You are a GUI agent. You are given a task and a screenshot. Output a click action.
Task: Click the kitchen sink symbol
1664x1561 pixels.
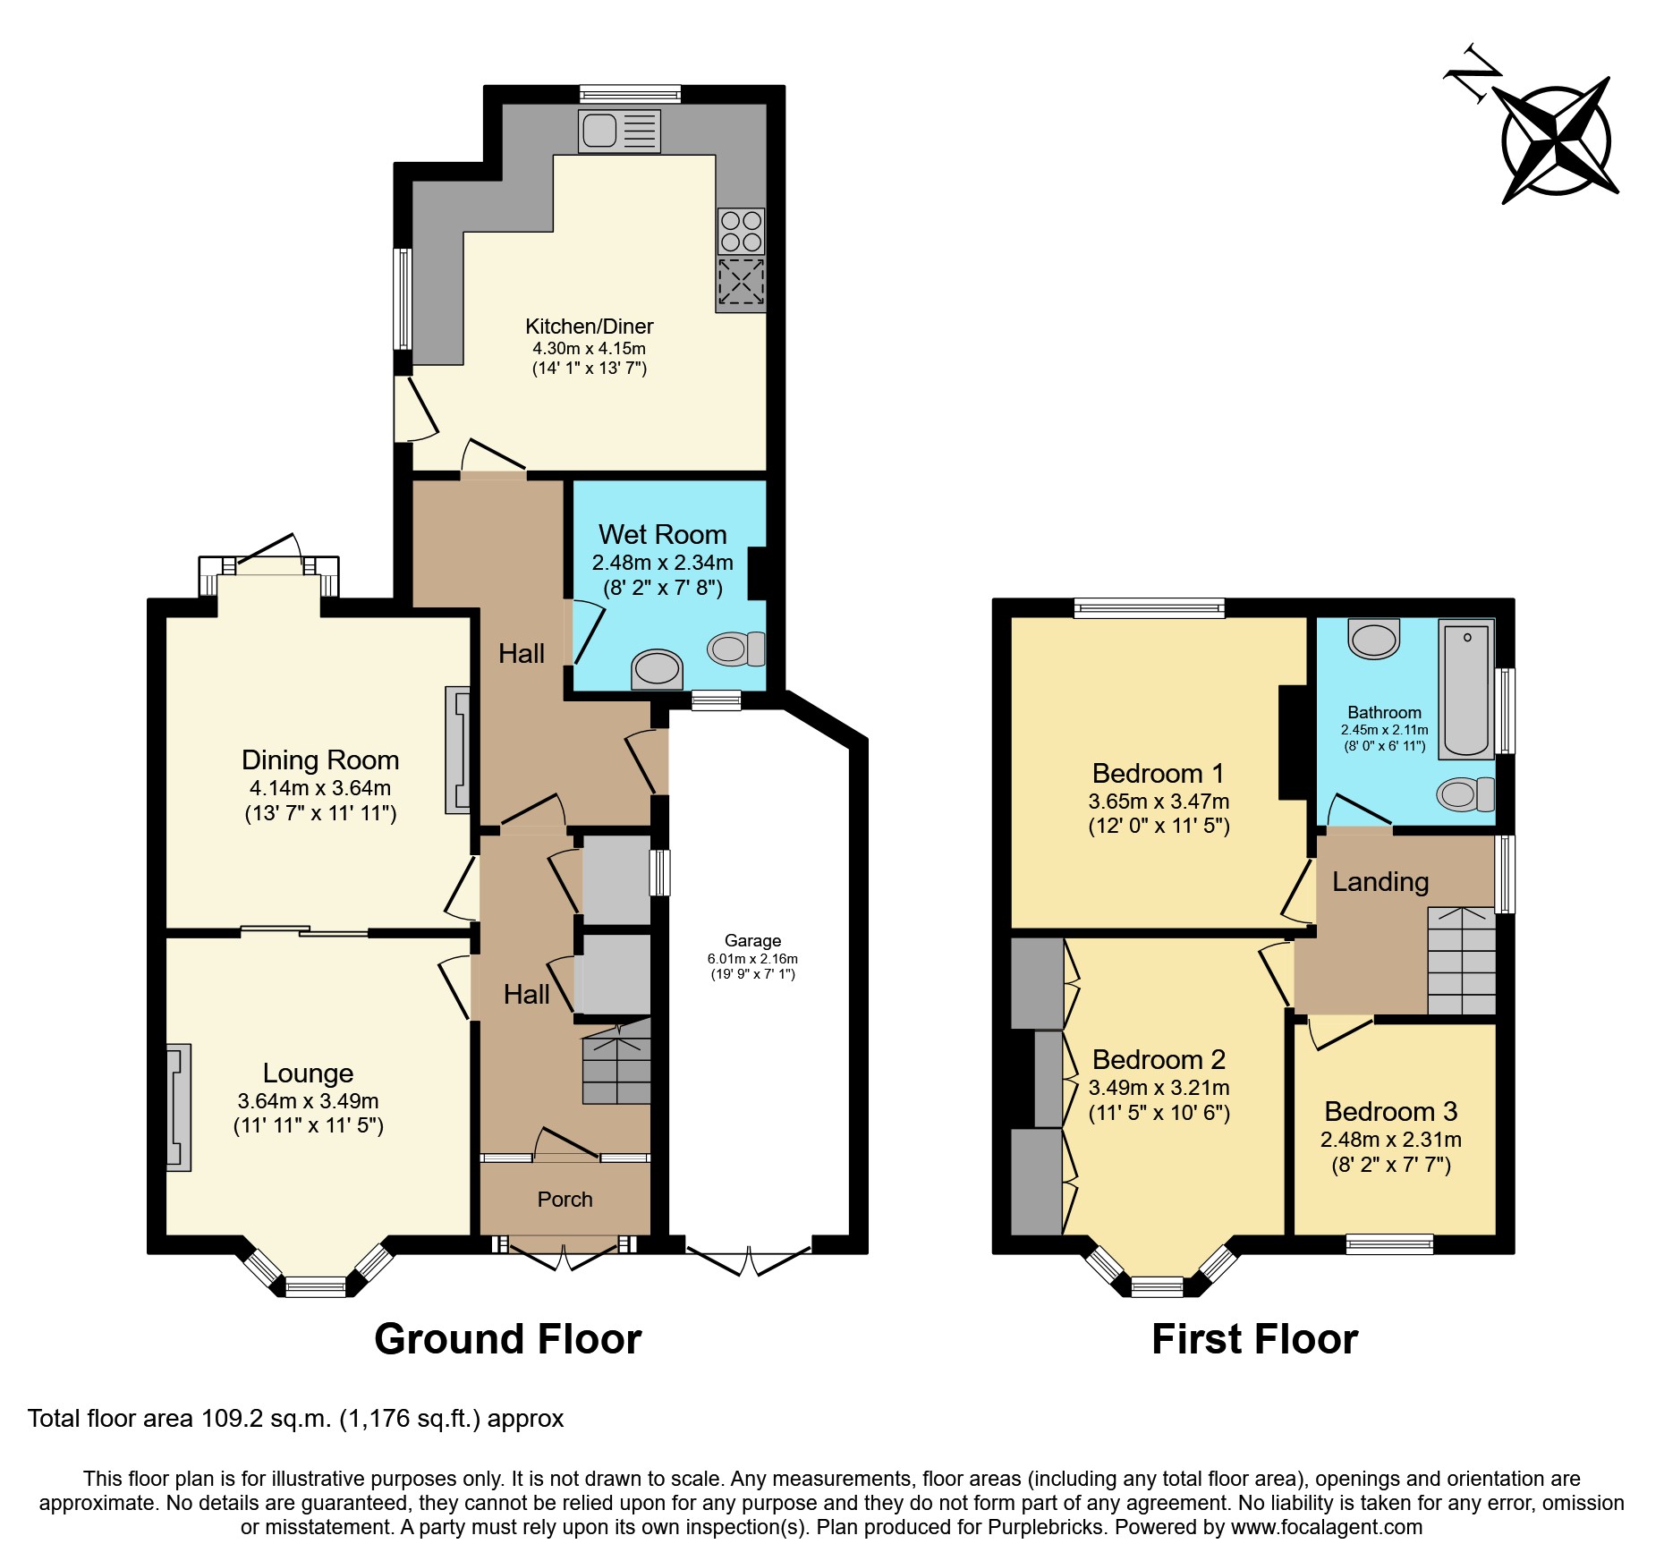(x=619, y=131)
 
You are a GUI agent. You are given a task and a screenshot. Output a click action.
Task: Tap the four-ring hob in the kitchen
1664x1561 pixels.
(x=741, y=231)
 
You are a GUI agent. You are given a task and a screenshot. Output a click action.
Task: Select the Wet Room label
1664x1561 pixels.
(x=662, y=534)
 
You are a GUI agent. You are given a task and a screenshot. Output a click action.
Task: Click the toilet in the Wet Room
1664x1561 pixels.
(x=736, y=649)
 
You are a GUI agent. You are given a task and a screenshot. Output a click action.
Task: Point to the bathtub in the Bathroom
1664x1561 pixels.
(x=1466, y=690)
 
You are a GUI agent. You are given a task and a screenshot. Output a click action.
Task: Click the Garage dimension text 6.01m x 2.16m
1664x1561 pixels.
(x=752, y=959)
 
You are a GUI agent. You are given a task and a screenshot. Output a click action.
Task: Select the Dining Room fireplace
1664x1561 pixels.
(x=458, y=750)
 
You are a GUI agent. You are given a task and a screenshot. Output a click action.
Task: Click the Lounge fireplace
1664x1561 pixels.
(x=178, y=1107)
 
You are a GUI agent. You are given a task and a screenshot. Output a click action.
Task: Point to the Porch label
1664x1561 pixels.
(x=565, y=1200)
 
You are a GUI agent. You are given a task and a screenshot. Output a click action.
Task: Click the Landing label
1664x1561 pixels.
(x=1380, y=882)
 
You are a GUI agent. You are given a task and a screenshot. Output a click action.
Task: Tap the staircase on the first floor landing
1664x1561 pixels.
(x=1461, y=961)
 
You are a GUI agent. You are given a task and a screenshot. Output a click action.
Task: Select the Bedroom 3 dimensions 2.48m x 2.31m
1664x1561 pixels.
(x=1390, y=1140)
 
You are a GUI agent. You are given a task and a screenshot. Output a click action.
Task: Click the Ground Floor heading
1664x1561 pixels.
(x=507, y=1339)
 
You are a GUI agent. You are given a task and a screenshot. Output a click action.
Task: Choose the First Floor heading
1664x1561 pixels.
(x=1254, y=1339)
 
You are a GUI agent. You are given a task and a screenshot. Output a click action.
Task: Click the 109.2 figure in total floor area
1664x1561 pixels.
(x=229, y=1419)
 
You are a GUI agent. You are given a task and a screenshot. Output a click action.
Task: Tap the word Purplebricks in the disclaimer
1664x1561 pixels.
(x=1046, y=1527)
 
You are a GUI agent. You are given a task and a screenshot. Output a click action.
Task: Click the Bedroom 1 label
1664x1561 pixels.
(x=1158, y=773)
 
